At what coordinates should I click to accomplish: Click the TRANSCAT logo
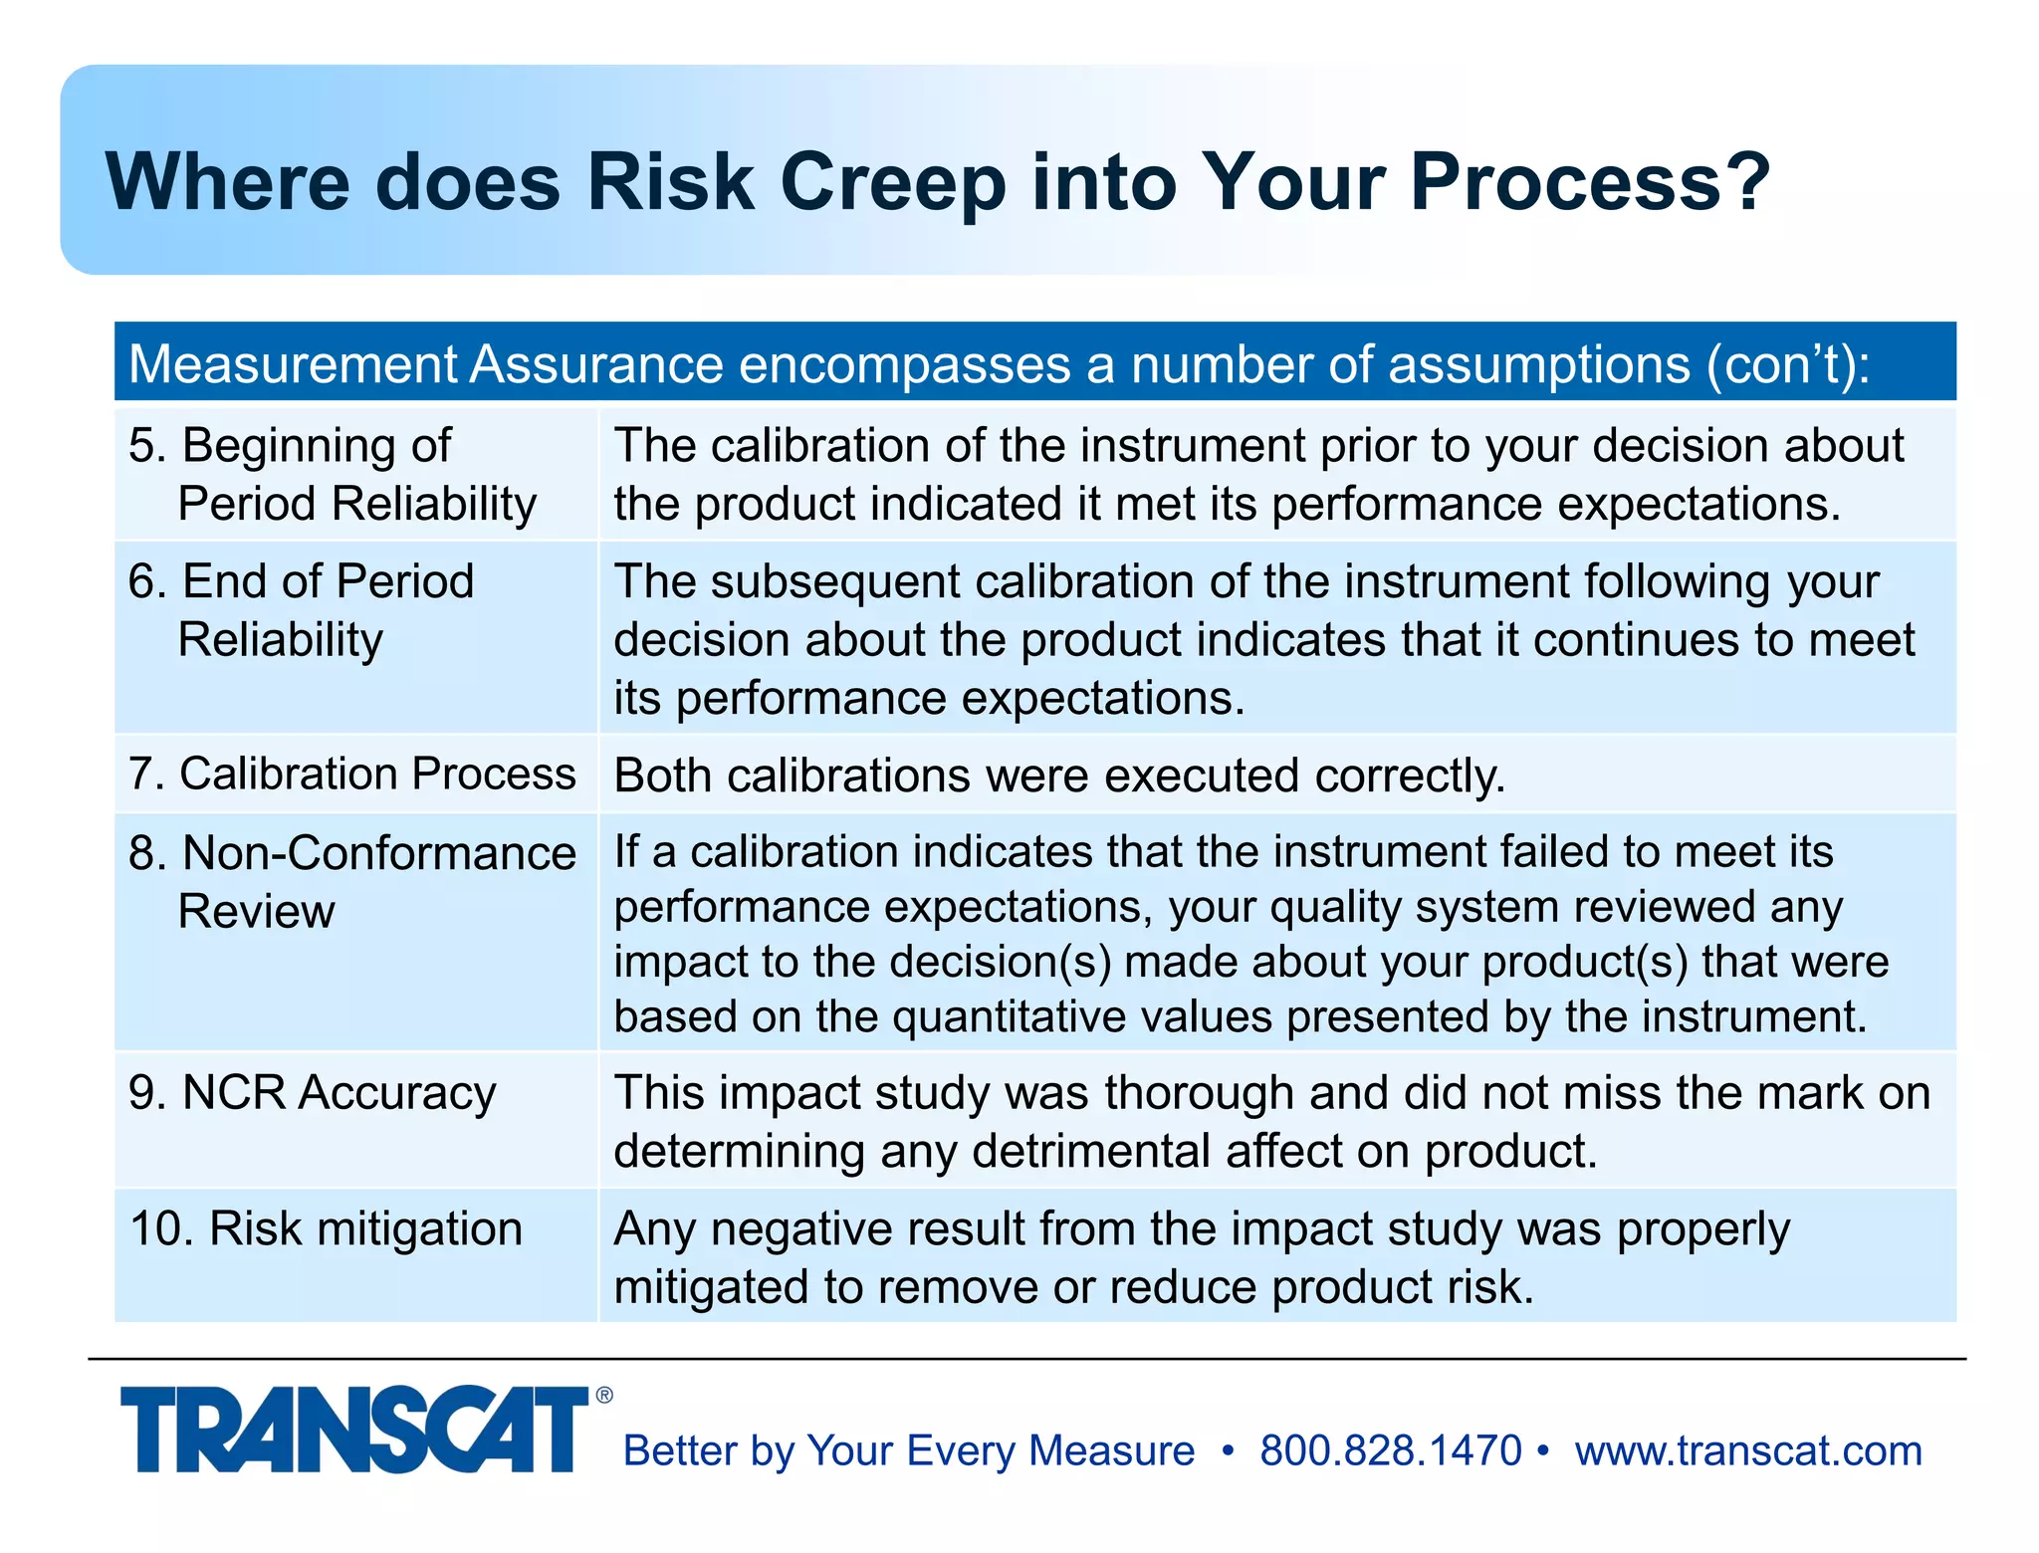[x=353, y=1430]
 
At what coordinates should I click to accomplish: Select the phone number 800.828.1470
[x=1390, y=1450]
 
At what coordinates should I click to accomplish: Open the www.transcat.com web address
[x=1748, y=1450]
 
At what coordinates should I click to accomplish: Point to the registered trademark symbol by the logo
[x=604, y=1396]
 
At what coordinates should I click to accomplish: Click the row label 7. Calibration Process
[x=352, y=774]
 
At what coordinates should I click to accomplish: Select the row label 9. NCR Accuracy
[x=312, y=1092]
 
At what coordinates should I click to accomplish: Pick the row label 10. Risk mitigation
[x=326, y=1228]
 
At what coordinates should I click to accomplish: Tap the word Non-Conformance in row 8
[x=379, y=853]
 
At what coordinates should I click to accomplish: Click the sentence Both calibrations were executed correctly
[x=1059, y=776]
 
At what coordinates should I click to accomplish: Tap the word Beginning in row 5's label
[x=317, y=445]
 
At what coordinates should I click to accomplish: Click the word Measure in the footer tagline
[x=1111, y=1450]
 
